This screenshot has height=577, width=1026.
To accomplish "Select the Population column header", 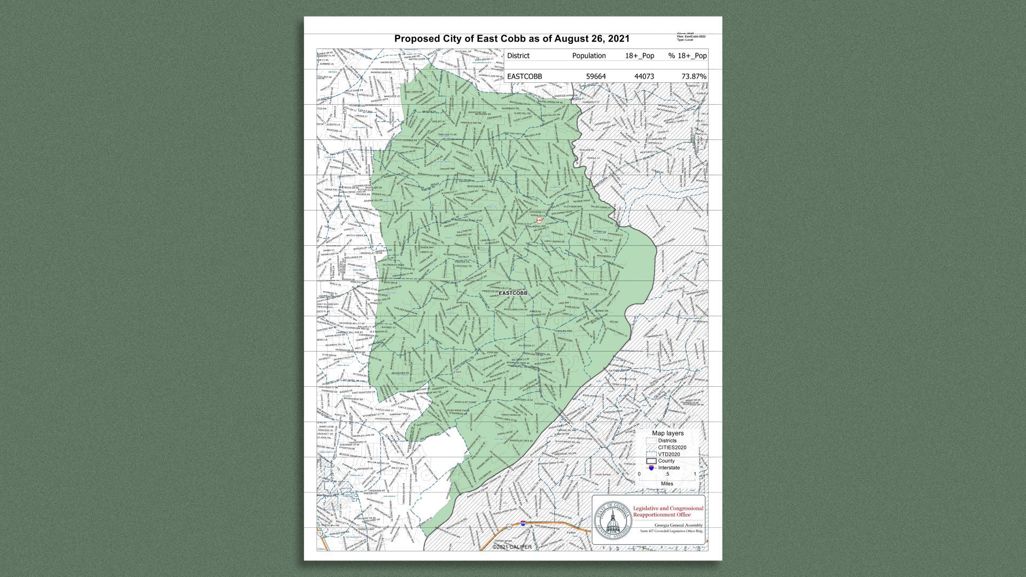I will point(588,56).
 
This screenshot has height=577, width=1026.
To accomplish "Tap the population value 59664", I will point(595,76).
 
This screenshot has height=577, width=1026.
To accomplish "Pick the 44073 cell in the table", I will point(643,76).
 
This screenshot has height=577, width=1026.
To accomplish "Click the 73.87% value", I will point(693,76).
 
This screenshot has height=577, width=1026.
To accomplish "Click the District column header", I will point(518,56).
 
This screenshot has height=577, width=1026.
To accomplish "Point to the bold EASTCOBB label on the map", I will point(512,293).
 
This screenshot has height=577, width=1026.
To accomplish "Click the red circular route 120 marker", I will point(539,220).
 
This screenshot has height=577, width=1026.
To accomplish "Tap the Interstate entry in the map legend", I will point(669,468).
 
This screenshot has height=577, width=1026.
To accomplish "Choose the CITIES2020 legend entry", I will point(672,448).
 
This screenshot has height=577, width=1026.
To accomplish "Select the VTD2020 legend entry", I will point(669,455).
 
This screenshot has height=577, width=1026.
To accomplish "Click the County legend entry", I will point(666,461).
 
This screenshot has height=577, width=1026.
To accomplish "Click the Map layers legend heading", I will point(667,433).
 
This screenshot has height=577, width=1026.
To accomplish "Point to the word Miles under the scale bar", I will point(667,484).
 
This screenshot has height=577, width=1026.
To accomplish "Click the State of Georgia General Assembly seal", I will point(612,520).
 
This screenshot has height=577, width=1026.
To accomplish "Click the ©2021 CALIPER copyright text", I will point(512,547).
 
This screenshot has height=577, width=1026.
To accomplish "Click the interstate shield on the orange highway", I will point(523,524).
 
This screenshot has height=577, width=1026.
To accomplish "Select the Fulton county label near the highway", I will point(571,533).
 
